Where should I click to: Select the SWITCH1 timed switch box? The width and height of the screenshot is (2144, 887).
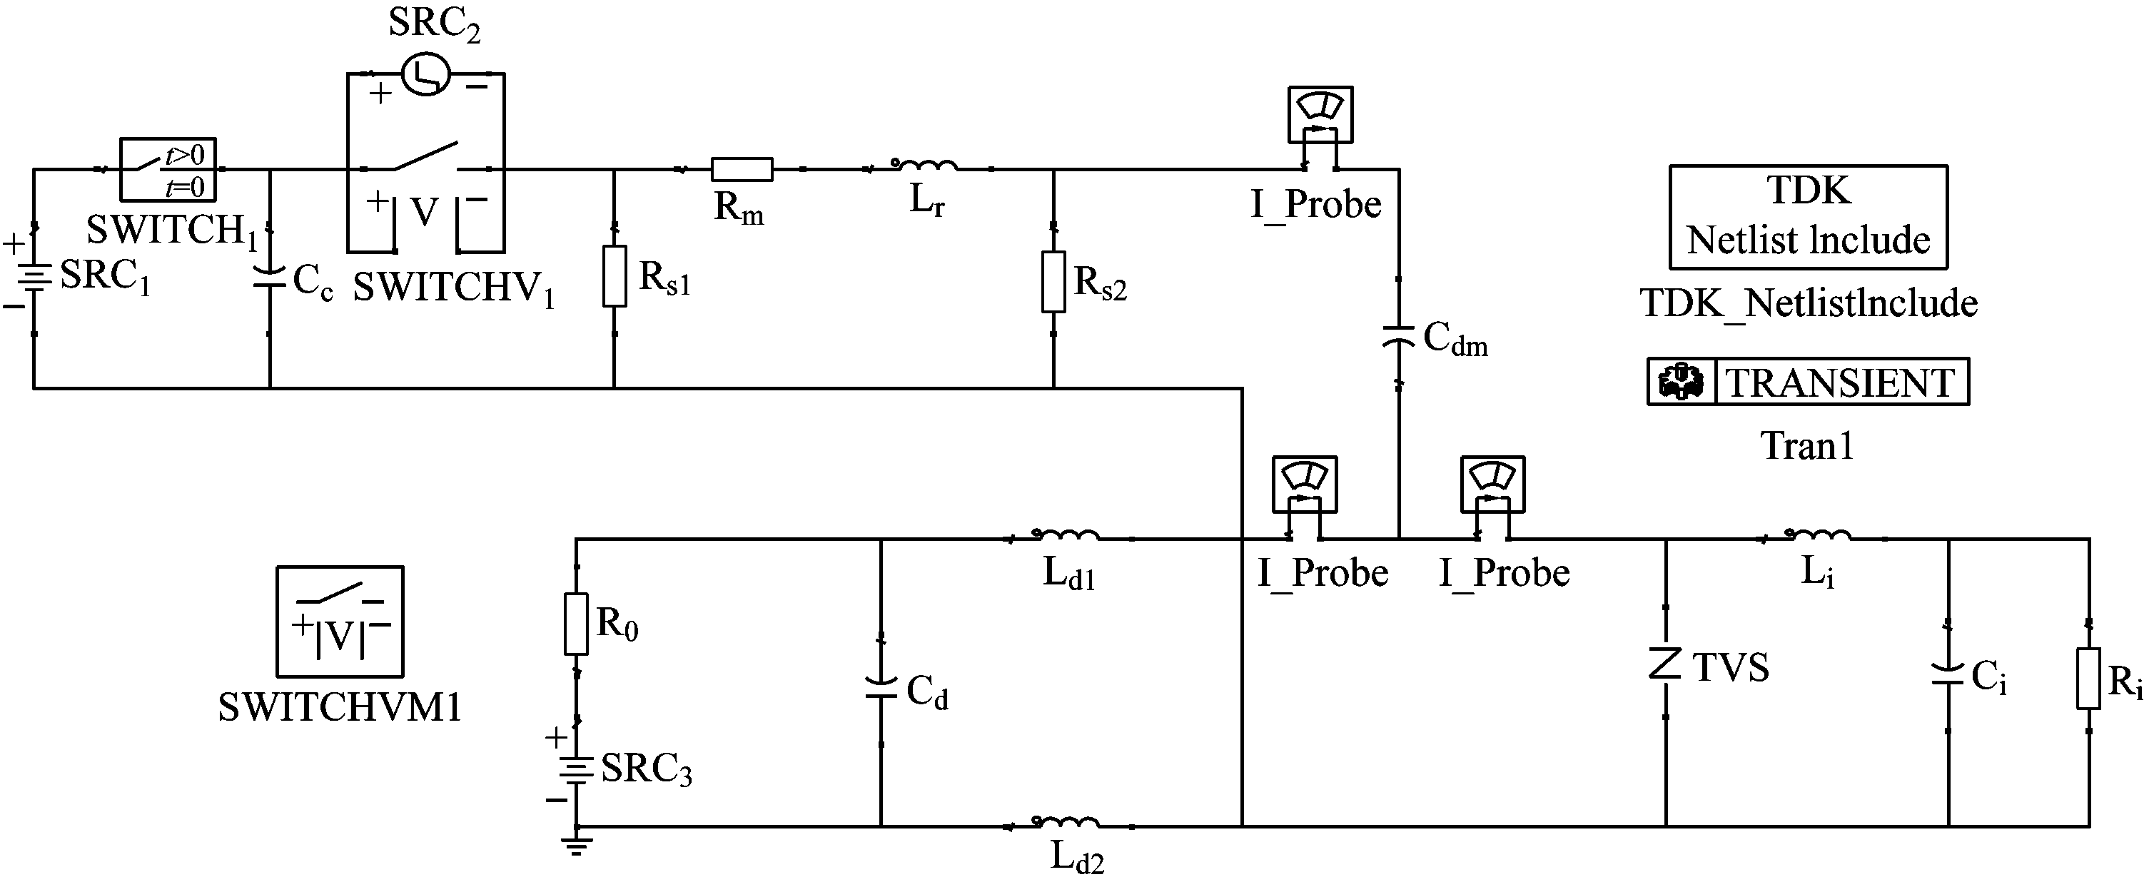[167, 169]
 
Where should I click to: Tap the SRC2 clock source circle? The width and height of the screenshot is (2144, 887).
[426, 75]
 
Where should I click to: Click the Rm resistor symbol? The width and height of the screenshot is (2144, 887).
[742, 169]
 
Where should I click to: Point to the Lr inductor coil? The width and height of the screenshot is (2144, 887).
[924, 165]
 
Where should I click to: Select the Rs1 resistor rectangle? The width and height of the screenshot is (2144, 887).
[615, 276]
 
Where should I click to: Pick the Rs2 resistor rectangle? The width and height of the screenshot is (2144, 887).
[1053, 282]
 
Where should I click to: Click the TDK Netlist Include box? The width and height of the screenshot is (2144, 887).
[1808, 216]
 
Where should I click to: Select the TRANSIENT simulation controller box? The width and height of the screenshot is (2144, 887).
[1808, 382]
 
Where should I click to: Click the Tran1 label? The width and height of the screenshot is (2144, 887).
[1807, 447]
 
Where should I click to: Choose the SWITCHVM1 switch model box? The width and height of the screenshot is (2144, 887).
[340, 622]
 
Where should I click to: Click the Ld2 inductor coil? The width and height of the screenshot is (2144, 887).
[1066, 822]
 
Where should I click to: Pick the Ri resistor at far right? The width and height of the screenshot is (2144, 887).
[2088, 679]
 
